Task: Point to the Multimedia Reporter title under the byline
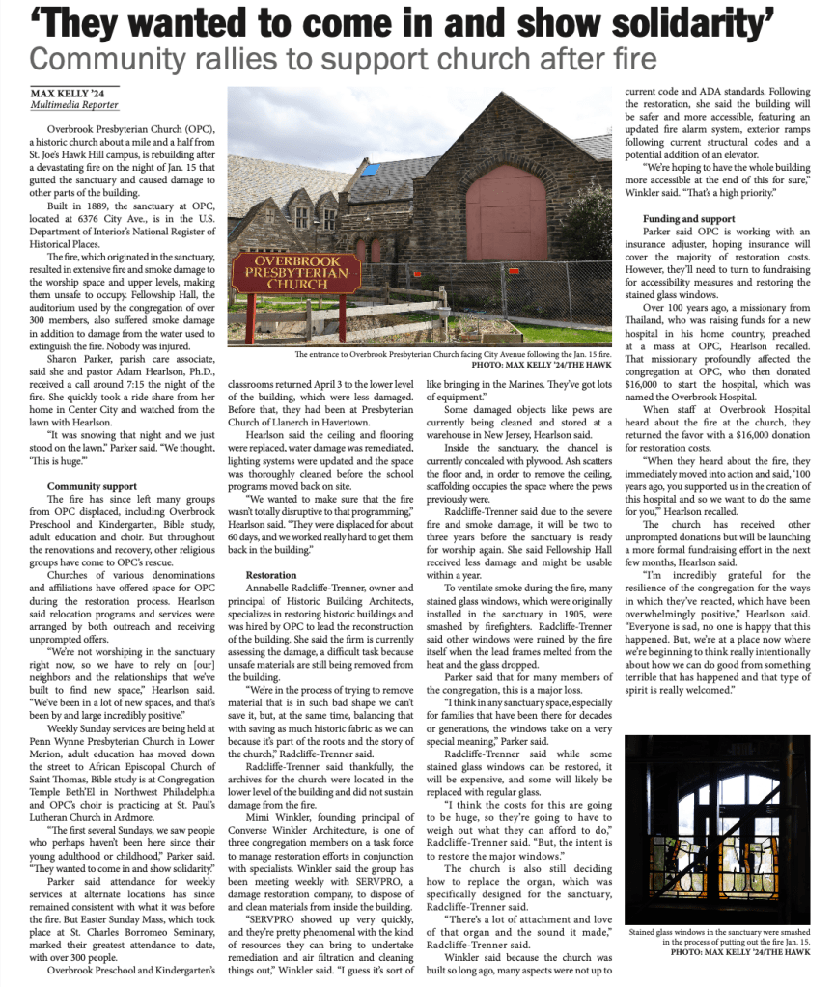(x=74, y=105)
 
